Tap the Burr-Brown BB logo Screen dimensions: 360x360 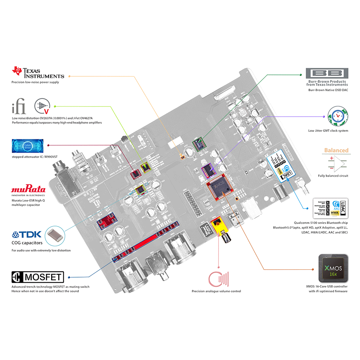click(x=327, y=73)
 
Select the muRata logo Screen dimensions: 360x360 click(x=28, y=190)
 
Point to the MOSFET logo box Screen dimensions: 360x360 click(x=38, y=277)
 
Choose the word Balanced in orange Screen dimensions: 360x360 click(x=336, y=150)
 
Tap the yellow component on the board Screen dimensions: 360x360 click(x=217, y=226)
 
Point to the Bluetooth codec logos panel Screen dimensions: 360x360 click(x=330, y=208)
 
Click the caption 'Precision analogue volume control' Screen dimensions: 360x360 click(x=216, y=291)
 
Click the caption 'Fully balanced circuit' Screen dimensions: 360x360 click(x=333, y=176)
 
